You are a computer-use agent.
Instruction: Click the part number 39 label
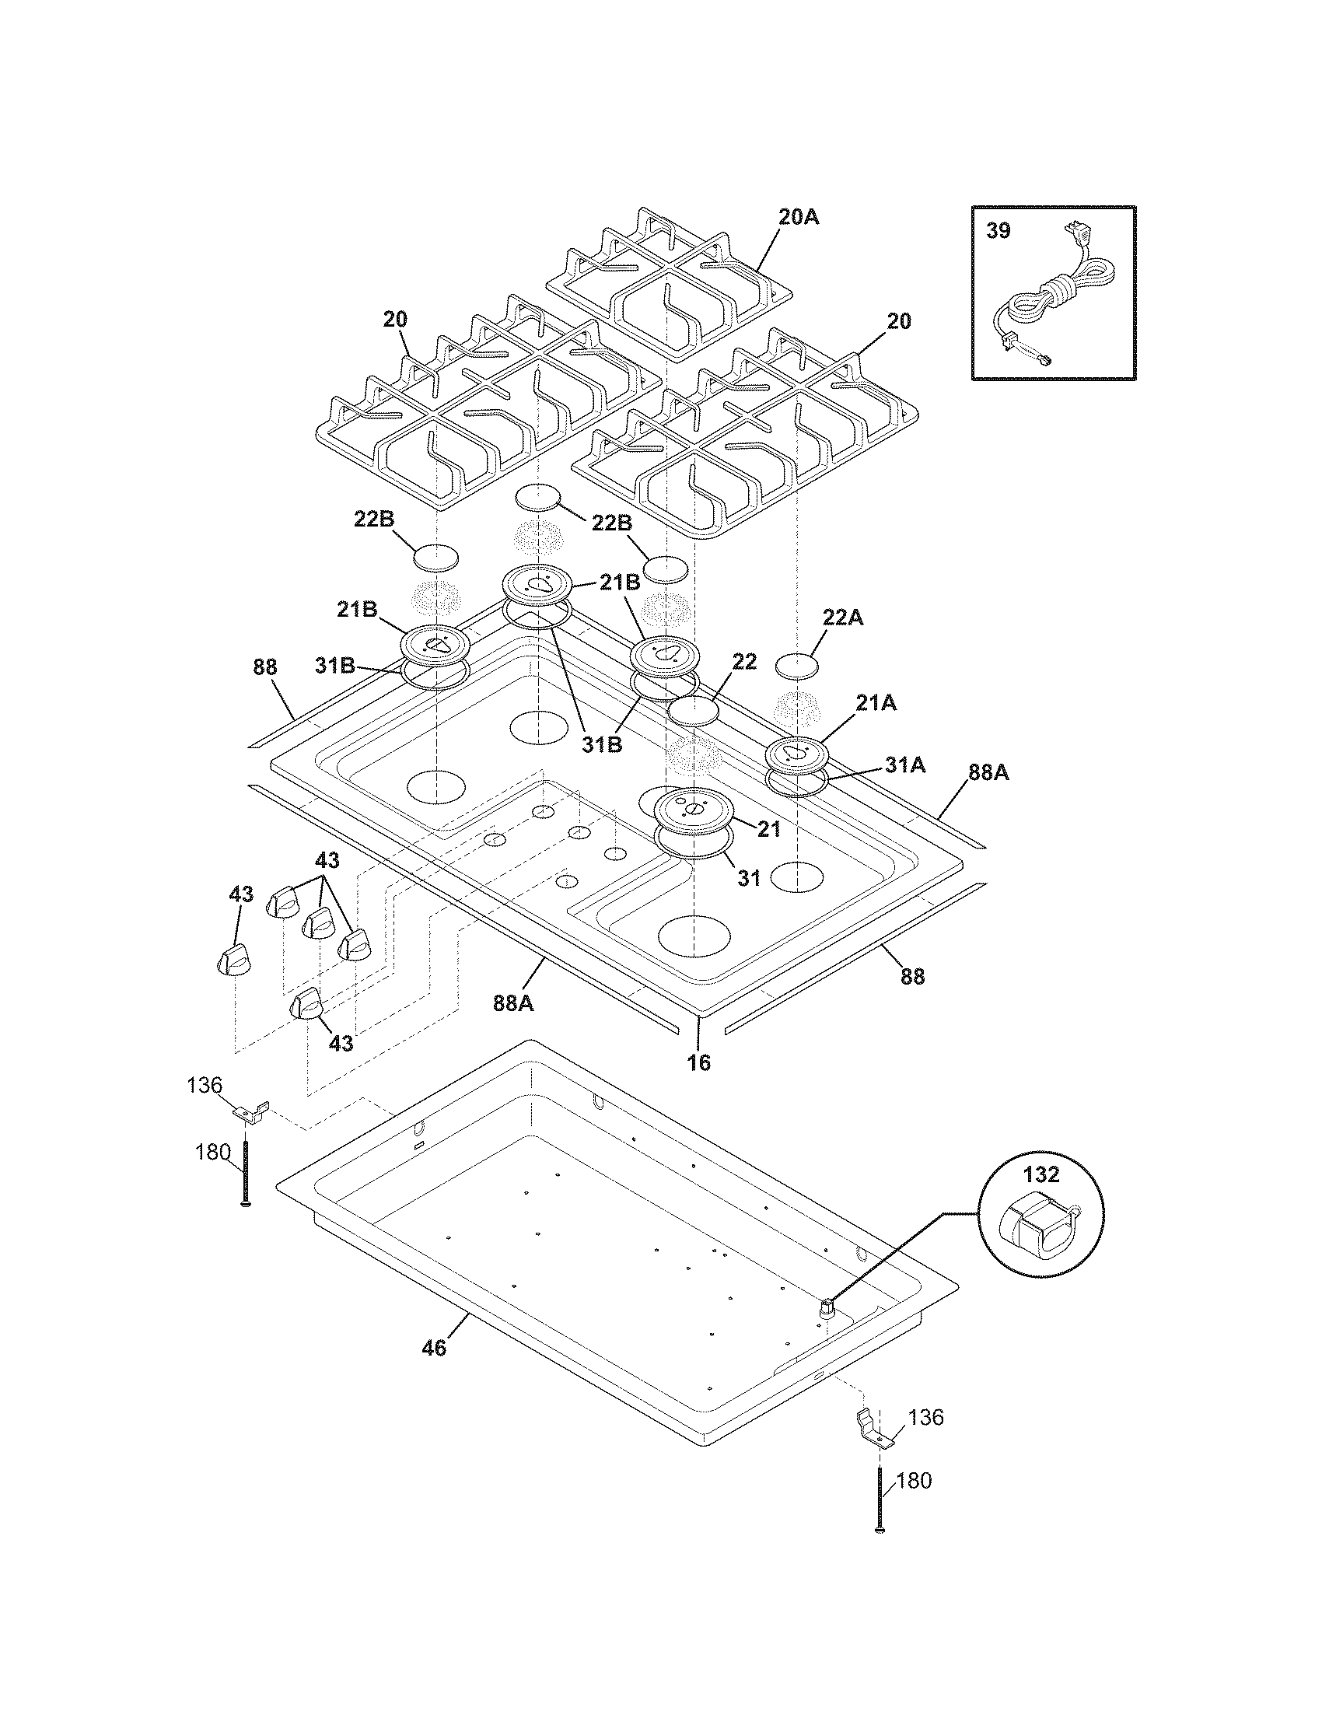pyautogui.click(x=998, y=231)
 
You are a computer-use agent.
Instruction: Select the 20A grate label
pyautogui.click(x=798, y=217)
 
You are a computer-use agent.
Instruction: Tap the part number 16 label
pyautogui.click(x=698, y=1062)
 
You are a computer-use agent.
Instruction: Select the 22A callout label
pyautogui.click(x=843, y=618)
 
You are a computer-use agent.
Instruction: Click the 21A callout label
pyautogui.click(x=876, y=704)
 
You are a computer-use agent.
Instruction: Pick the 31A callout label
pyautogui.click(x=905, y=765)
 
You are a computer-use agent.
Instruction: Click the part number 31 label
pyautogui.click(x=750, y=878)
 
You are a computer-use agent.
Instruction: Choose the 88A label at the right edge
pyautogui.click(x=988, y=773)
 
